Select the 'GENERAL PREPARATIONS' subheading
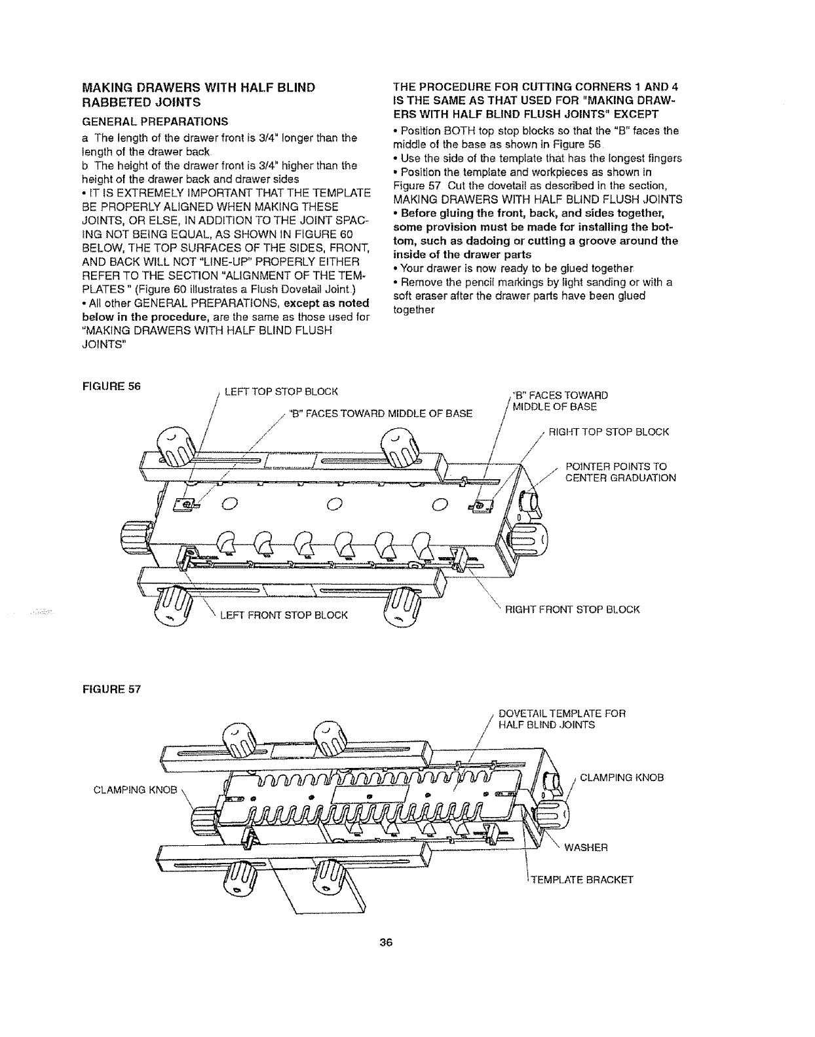(x=153, y=121)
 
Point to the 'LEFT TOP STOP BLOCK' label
(x=280, y=392)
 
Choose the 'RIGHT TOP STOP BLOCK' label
(x=609, y=432)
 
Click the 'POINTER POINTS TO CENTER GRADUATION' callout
(x=620, y=472)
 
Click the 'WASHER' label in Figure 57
(x=586, y=848)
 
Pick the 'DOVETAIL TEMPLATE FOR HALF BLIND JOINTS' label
(x=562, y=719)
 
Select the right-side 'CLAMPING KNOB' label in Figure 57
(x=622, y=778)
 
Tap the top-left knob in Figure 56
(x=176, y=447)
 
